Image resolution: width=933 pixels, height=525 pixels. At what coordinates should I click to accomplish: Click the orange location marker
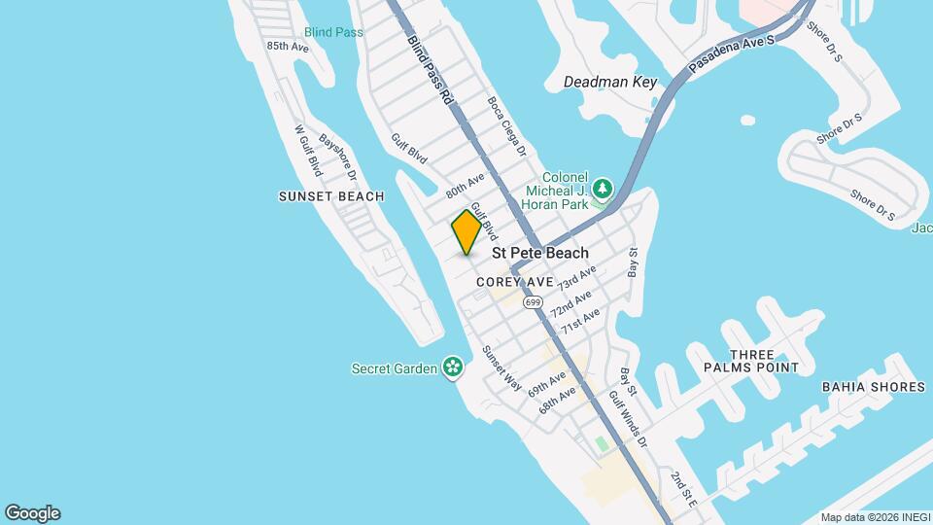466,232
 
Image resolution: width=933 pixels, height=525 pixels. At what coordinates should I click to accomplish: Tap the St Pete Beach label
540,253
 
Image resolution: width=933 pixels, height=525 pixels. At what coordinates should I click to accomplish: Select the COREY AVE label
515,282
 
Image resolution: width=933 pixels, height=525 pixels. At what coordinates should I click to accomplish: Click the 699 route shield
533,302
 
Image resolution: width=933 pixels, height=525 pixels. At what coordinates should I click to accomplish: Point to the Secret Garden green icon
452,367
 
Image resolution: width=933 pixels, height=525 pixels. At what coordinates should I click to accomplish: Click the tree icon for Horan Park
603,186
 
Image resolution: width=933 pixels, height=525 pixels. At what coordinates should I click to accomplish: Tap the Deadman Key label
610,83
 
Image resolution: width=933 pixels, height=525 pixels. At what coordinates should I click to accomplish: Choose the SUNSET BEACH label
331,196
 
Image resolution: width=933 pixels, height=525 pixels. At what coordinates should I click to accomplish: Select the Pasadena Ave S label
732,56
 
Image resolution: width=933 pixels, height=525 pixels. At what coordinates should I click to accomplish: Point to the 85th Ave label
288,46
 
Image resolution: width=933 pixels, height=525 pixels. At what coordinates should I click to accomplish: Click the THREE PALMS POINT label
751,361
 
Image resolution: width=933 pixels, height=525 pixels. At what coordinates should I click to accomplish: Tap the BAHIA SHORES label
873,387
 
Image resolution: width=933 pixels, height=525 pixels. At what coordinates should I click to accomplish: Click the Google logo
32,513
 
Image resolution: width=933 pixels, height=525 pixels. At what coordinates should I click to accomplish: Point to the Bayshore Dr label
338,157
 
